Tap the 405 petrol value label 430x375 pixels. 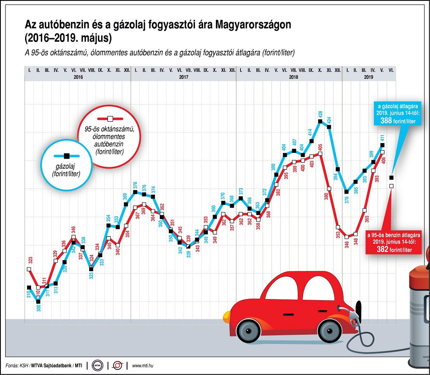321,147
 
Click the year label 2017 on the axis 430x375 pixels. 184,78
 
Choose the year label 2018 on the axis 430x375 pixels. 289,78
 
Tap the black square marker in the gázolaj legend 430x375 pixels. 66,157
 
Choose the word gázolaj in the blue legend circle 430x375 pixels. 66,167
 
